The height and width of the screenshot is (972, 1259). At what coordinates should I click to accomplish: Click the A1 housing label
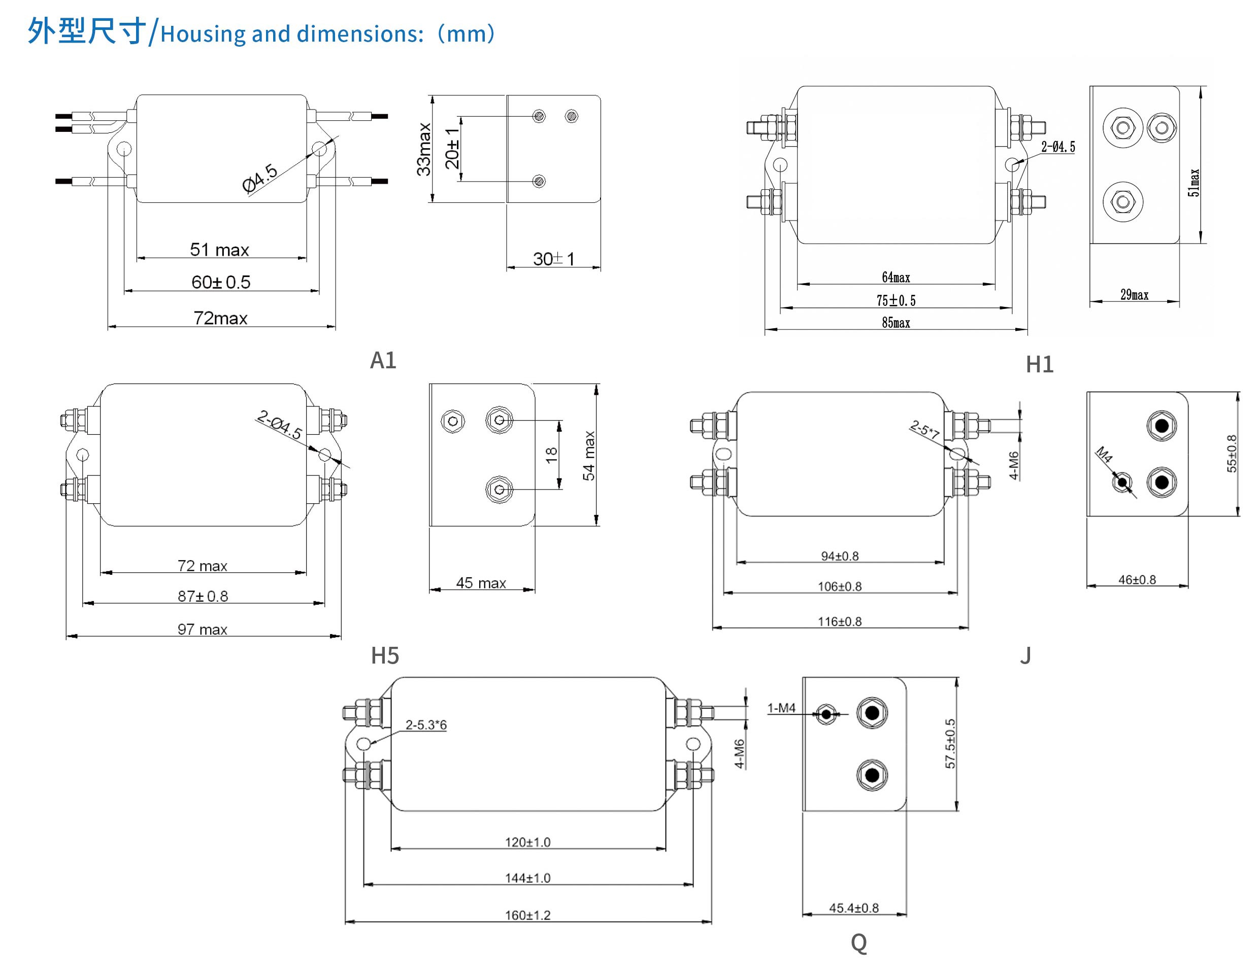(383, 361)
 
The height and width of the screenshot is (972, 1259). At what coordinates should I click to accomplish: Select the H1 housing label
(1039, 364)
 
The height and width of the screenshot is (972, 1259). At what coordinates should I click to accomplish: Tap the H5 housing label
(384, 655)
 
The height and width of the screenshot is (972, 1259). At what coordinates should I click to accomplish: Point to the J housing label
(1025, 655)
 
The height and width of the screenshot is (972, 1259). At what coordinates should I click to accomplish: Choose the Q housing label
(858, 943)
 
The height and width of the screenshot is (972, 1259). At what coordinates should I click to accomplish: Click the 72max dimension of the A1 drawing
(220, 318)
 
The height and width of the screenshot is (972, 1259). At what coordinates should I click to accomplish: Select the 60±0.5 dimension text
(221, 283)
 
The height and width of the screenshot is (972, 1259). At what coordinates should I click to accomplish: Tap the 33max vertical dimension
(424, 149)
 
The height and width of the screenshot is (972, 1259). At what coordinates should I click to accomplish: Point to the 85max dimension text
(896, 323)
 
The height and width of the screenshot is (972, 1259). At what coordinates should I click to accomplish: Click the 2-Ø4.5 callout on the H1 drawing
(1058, 147)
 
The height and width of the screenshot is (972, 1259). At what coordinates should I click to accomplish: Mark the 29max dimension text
(1134, 295)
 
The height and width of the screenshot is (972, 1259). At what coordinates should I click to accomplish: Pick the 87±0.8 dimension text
(203, 596)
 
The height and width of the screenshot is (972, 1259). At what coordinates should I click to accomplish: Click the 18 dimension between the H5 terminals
(551, 455)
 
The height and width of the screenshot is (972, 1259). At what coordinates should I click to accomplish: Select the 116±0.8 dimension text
(839, 621)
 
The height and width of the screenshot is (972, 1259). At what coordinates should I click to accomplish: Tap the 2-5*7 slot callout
(924, 429)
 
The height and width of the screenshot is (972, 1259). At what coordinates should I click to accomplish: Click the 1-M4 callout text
(781, 708)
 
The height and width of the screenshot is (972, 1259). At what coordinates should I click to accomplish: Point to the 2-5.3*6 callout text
(426, 725)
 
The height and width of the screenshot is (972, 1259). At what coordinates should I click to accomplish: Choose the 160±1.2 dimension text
(527, 916)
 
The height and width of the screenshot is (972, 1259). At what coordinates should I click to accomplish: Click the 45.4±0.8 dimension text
(854, 908)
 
